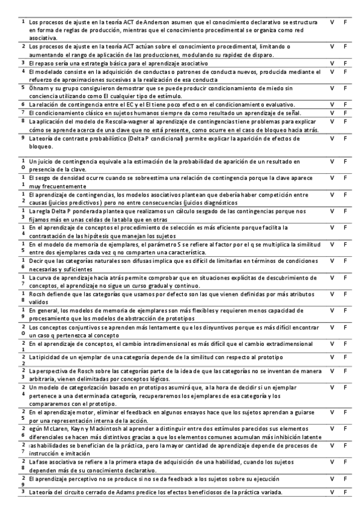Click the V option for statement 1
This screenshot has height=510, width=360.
pos(332,22)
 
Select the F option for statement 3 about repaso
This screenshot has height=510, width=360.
pos(346,63)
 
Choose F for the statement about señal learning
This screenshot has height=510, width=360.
pos(346,112)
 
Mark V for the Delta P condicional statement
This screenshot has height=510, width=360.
pos(332,138)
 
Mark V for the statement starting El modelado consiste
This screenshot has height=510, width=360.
pos(332,71)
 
